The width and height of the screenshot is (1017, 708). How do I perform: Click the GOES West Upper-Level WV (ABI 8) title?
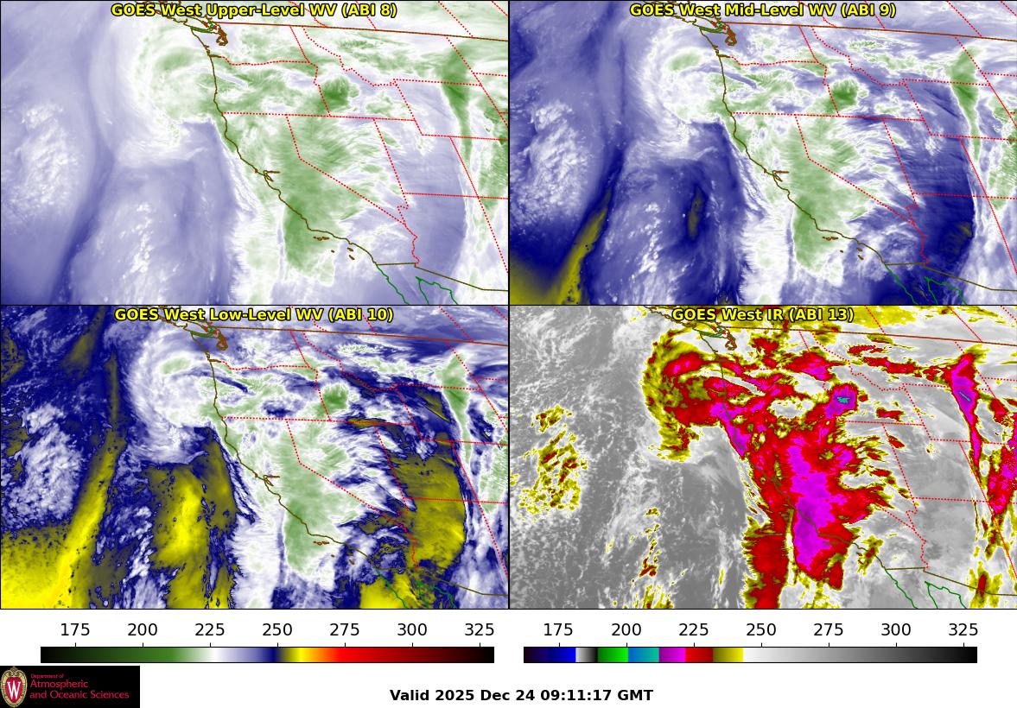point(254,10)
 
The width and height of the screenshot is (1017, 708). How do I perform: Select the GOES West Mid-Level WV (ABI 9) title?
point(762,10)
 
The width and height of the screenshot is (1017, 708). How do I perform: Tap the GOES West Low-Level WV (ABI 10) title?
point(254,315)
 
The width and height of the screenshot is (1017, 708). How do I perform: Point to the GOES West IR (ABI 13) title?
point(762,315)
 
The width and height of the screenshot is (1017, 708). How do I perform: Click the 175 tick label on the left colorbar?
point(75,629)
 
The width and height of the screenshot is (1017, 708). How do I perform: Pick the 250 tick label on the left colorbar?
point(277,629)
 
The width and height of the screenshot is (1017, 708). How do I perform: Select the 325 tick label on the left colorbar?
point(480,629)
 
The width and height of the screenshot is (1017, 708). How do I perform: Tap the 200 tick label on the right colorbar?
point(626,629)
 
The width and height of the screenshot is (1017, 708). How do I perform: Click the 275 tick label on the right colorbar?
point(829,629)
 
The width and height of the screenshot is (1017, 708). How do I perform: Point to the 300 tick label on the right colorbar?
point(896,629)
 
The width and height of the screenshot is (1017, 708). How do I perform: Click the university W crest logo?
point(15,687)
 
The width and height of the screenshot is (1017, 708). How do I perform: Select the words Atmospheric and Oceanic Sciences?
point(79,689)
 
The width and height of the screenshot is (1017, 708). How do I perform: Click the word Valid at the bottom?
point(410,695)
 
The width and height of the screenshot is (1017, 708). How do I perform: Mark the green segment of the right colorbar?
point(613,654)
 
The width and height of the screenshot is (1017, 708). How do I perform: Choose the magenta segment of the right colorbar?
point(672,654)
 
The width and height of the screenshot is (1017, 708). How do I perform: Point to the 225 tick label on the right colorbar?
point(694,629)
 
